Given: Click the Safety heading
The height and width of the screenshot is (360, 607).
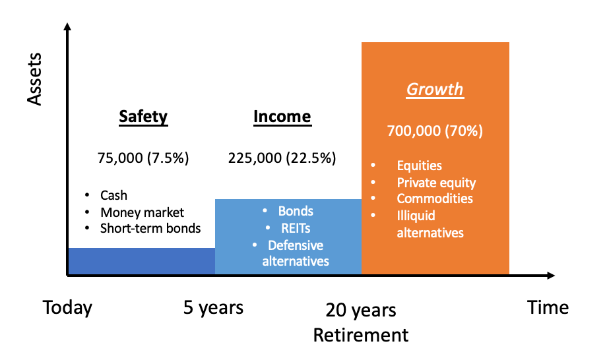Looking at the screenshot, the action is (143, 117).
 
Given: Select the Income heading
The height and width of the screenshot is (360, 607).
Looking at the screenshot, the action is (282, 117).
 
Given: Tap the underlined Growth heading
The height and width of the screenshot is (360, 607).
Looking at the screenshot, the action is (435, 90).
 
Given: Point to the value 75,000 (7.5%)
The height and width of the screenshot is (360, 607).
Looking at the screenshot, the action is (143, 158).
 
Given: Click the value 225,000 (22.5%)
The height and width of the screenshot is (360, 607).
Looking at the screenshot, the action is (282, 158).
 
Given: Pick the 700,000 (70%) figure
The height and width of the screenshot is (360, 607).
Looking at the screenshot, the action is (435, 131).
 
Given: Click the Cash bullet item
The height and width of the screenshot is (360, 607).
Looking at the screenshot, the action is (113, 195).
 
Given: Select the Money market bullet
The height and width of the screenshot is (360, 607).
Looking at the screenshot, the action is (142, 212).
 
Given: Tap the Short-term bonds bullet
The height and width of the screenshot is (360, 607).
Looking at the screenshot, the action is (150, 228).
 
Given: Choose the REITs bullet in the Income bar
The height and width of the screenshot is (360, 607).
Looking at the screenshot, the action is (296, 228).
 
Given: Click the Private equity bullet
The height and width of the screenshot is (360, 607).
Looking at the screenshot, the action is (436, 183).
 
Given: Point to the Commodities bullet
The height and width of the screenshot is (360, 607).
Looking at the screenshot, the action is (435, 198).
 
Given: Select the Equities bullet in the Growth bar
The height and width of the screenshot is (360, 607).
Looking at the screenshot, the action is (419, 165).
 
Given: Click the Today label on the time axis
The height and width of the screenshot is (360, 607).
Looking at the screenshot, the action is (67, 308).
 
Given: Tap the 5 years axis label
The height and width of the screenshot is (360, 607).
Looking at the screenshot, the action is (213, 308).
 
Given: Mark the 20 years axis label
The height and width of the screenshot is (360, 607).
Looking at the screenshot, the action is (361, 310).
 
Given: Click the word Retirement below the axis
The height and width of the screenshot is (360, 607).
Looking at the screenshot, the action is (361, 335).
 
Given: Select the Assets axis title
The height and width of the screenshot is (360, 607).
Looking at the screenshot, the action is (34, 79).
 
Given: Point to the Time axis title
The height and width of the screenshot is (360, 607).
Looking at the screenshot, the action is (548, 308).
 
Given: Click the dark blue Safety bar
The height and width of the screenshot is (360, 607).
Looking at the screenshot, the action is (142, 261).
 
